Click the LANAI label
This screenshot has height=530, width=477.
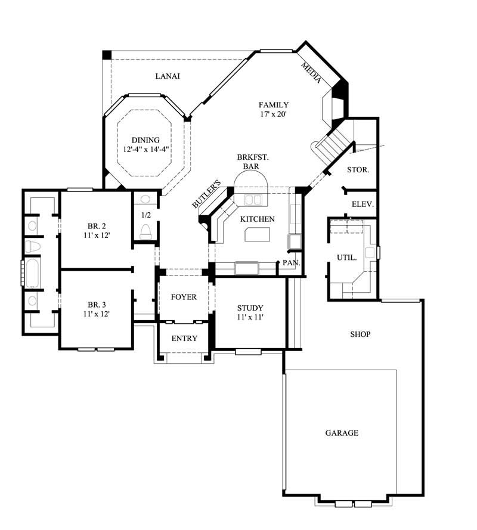tap(168, 76)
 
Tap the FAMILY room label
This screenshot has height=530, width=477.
tap(274, 104)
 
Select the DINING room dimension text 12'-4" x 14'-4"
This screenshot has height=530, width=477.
tap(146, 150)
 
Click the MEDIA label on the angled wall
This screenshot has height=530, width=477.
tap(312, 72)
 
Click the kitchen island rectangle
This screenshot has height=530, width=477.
tap(258, 234)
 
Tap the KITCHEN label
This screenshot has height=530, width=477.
tap(257, 219)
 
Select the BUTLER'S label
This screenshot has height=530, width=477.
tap(207, 194)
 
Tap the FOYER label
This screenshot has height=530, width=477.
tap(183, 297)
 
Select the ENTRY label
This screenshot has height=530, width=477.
tap(184, 339)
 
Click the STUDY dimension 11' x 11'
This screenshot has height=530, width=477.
tap(250, 317)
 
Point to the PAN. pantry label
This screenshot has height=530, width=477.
tap(291, 262)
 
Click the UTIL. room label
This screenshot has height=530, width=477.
tap(347, 258)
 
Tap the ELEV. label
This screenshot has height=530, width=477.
tap(363, 204)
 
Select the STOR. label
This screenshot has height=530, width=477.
tap(358, 170)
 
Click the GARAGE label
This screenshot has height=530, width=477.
tap(342, 433)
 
